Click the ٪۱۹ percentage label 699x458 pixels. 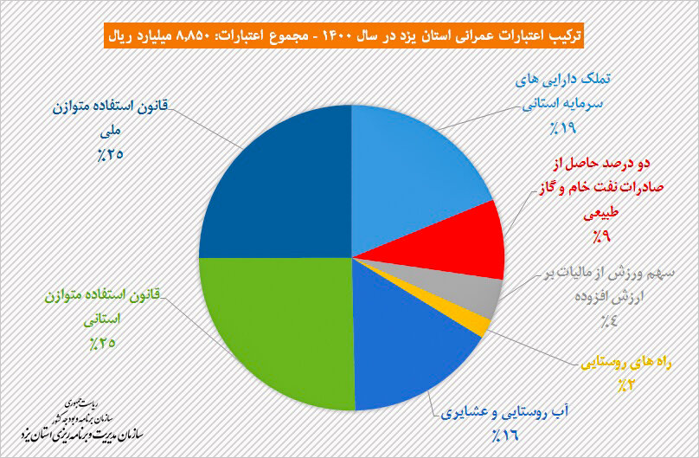pos(562,128)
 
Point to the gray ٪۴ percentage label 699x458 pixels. pos(609,320)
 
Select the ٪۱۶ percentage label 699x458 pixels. pos(505,435)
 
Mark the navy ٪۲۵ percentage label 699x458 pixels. pos(110,155)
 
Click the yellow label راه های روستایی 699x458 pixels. pos(625,364)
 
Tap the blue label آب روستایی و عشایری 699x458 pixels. pos(505,412)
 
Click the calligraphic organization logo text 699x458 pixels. pos(81,423)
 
